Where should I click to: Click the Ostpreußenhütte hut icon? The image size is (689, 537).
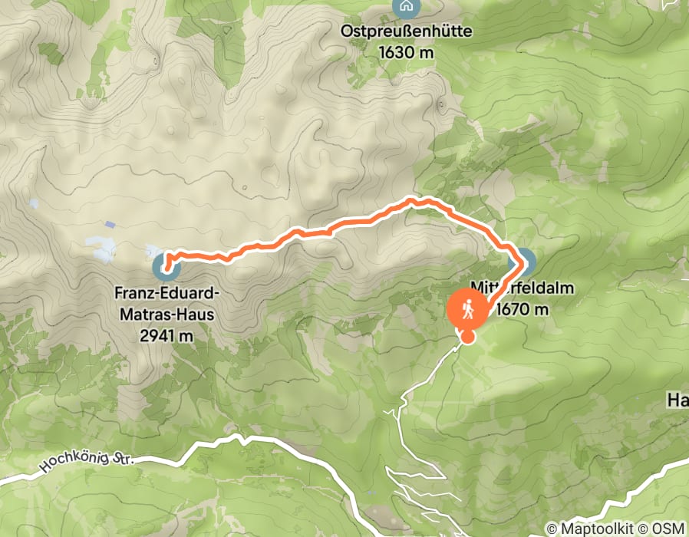[405, 8]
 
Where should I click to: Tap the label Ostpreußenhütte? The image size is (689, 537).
[407, 32]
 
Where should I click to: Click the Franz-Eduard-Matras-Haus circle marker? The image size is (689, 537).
[163, 268]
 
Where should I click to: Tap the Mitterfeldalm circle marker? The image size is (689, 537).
[526, 262]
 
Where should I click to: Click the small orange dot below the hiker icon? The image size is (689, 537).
[467, 336]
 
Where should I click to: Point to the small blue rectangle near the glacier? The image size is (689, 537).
[111, 226]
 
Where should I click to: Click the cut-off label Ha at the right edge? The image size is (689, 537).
[677, 400]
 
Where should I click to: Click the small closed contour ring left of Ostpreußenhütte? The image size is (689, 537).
[157, 58]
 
